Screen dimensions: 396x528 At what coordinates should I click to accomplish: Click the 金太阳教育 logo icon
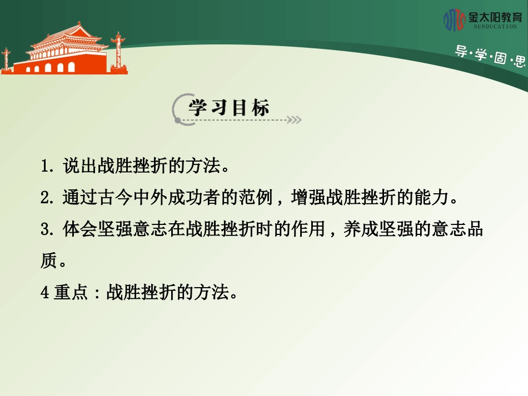point(454,19)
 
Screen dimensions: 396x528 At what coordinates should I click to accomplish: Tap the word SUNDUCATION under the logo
point(495,26)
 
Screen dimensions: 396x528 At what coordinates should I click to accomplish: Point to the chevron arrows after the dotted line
point(295,119)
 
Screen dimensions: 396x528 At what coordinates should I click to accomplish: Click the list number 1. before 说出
point(47,166)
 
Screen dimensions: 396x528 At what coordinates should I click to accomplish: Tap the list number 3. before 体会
point(47,229)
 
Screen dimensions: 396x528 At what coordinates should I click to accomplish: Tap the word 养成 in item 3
point(361,229)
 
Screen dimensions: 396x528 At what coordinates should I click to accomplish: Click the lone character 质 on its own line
point(48,261)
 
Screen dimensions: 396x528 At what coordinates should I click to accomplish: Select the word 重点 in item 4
point(71,293)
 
